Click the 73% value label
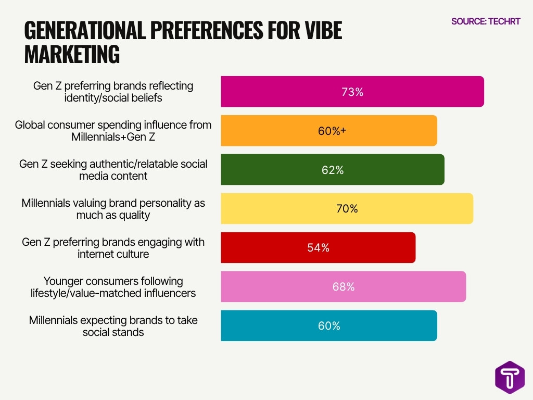tap(352, 92)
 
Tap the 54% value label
tap(318, 248)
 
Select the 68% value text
tap(343, 287)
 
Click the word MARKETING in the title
tap(72, 54)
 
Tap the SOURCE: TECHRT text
tap(485, 21)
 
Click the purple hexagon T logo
tap(510, 378)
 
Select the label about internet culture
tap(113, 248)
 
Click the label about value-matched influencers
tap(113, 287)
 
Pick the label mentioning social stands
tap(113, 326)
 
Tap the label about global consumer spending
tap(113, 131)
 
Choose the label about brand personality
tap(113, 209)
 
